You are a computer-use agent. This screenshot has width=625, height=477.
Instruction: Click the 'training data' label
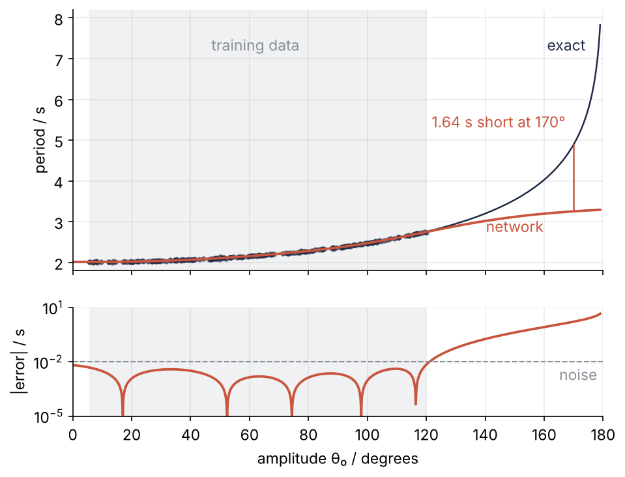coord(255,46)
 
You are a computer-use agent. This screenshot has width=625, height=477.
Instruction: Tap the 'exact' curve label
coord(566,46)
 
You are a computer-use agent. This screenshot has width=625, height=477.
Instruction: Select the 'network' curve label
coord(515,227)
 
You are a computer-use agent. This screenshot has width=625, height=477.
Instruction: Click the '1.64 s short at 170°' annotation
coord(499,122)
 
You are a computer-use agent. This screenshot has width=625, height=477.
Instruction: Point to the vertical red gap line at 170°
coord(574,177)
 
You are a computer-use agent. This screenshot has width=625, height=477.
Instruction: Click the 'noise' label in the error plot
coord(578,375)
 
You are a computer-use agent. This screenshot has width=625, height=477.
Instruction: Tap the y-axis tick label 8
coord(59,19)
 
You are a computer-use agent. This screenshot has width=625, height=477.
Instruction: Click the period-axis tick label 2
coord(59,264)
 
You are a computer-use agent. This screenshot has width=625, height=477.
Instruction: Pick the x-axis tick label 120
coord(426,435)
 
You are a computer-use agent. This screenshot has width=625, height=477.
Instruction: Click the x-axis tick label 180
coord(603,435)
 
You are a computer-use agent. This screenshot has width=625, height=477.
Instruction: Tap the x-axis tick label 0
coord(72,435)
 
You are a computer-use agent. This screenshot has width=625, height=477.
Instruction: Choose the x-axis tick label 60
coord(250,435)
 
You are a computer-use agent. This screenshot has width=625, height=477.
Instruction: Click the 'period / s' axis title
coord(40,140)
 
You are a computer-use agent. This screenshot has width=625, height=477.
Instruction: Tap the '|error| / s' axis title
coord(19,362)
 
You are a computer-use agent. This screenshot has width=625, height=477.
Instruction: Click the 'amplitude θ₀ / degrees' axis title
coord(338,459)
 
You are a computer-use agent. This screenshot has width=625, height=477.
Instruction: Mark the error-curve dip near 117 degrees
coord(416,403)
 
